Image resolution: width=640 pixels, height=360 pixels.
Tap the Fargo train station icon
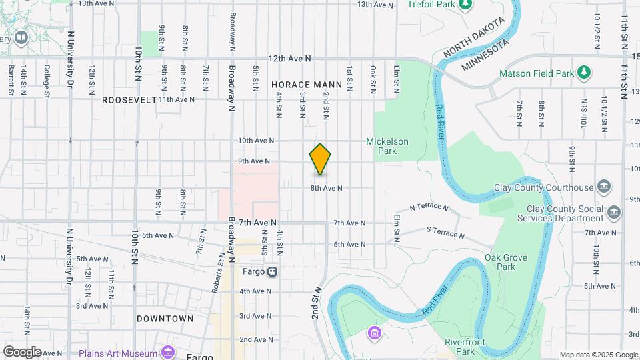273,271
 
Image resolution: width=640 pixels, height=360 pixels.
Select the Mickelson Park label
387,146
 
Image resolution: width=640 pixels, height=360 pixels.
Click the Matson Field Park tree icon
584,71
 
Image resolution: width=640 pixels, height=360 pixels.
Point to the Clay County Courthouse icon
604,185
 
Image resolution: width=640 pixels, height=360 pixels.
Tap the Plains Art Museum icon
167,353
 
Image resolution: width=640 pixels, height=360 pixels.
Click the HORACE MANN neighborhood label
307,85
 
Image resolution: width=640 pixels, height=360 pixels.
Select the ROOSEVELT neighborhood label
129,99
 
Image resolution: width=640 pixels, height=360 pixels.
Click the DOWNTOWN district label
165,319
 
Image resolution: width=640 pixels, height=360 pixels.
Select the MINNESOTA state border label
485,54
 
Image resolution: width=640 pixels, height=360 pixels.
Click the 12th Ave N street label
290,59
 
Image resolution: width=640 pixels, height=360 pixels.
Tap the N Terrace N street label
429,207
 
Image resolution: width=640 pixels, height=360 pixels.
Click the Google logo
21,351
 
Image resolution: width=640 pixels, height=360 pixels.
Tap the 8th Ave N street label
326,189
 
